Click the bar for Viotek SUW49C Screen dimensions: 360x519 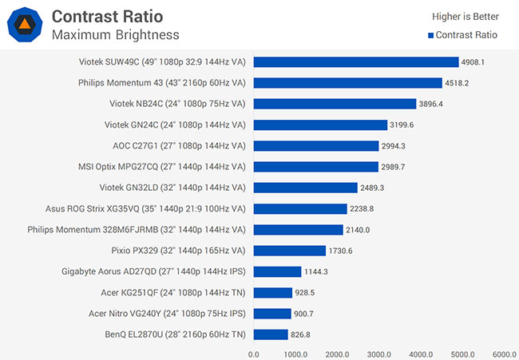(356, 61)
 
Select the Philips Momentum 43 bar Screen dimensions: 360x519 (347, 82)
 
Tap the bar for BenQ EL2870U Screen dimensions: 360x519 (271, 334)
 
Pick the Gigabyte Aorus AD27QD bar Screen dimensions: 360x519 (277, 271)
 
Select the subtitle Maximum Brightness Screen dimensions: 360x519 (115, 34)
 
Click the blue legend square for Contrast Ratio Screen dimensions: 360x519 (431, 35)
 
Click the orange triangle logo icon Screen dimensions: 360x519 (24, 24)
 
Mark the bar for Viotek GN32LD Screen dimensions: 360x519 (305, 188)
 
